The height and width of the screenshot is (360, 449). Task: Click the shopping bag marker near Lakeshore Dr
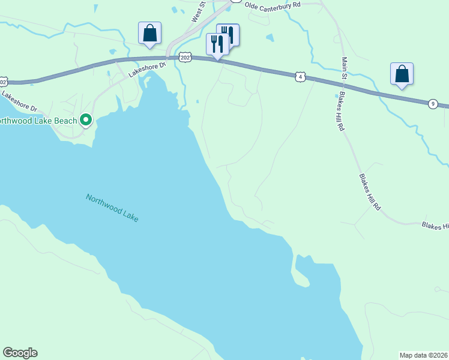149,33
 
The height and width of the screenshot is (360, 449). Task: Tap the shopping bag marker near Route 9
402,74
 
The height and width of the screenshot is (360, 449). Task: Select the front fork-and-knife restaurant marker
217,44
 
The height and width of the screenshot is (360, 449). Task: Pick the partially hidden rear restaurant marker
230,34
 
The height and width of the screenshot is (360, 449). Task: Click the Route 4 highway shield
301,77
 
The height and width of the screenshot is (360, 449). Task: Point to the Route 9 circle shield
433,104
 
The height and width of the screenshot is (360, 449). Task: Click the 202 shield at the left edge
3,81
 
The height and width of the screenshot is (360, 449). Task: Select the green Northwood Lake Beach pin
86,121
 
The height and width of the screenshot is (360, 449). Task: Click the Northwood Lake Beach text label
39,121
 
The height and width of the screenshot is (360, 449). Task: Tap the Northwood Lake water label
112,208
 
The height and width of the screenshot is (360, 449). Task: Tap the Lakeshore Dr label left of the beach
19,101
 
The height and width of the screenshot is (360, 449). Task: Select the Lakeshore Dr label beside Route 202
146,70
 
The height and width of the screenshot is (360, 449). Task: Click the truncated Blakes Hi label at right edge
435,226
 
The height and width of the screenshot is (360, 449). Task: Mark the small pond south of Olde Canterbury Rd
270,38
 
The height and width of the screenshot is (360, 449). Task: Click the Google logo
20,353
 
